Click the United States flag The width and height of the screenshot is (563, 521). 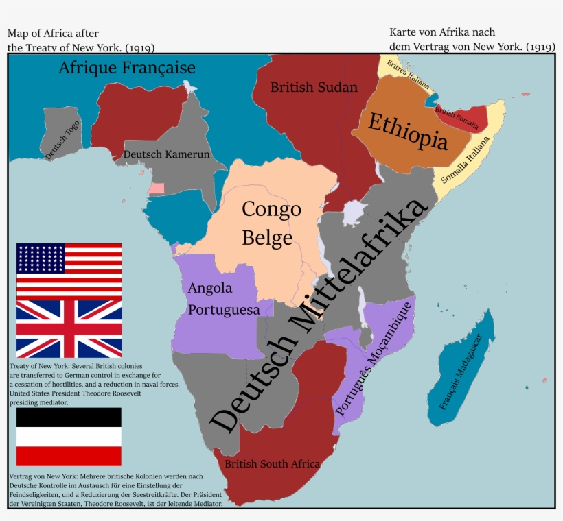[x=69, y=270]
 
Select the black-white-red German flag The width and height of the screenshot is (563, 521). [x=69, y=437]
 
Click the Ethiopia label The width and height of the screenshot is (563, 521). [x=408, y=132]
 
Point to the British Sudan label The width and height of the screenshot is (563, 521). [x=314, y=87]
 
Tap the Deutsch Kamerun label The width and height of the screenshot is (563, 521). [x=166, y=154]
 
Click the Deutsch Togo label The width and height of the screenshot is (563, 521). [x=62, y=141]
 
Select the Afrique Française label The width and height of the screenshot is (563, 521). [x=126, y=68]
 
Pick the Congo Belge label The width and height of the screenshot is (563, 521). [x=271, y=223]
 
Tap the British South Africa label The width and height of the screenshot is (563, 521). [x=273, y=464]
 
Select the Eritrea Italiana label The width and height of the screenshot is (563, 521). [x=408, y=75]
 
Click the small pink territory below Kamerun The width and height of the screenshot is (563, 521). [x=157, y=188]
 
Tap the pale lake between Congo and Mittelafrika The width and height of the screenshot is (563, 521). [x=352, y=213]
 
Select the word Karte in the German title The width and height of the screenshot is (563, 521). [x=404, y=32]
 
